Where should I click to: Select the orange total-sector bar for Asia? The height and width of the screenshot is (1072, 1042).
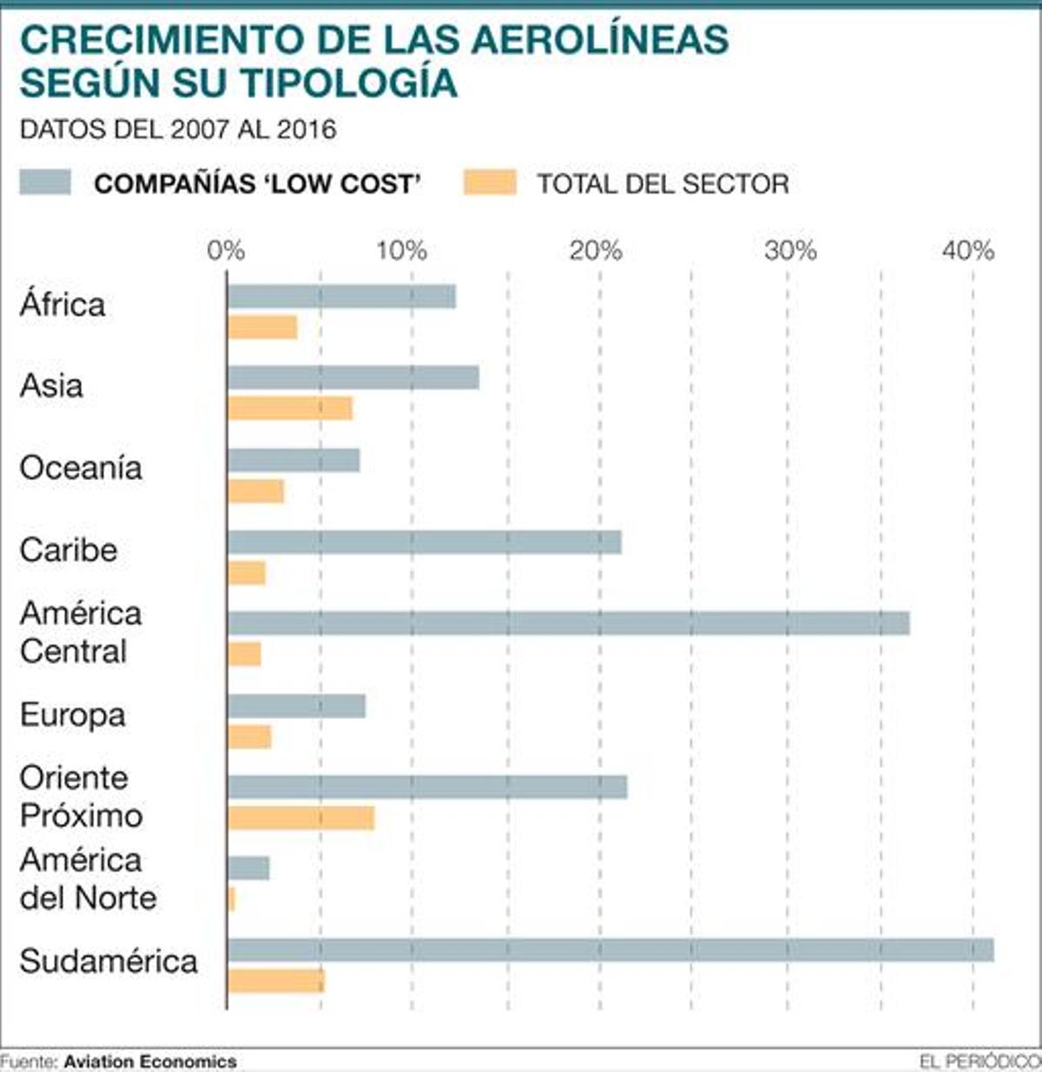290,408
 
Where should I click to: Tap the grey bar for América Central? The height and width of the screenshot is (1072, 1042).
568,623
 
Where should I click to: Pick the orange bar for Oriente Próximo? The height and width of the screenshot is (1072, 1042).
300,818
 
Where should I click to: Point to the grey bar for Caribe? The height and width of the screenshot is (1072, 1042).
424,543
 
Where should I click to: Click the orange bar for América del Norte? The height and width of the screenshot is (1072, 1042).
231,899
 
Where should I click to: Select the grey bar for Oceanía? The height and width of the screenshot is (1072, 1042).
293,460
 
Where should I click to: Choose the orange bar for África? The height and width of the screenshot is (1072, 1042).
262,327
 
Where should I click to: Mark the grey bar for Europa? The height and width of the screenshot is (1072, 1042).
296,707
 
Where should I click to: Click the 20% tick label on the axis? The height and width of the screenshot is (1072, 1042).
596,251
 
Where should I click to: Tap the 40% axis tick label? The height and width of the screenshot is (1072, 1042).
968,251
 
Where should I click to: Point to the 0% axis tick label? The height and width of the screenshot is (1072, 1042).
226,251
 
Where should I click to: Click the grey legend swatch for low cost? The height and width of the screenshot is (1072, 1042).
45,182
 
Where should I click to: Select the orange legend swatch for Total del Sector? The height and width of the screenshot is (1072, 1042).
490,182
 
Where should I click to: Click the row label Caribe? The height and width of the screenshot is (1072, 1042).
69,549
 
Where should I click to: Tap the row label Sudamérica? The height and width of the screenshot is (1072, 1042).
109,961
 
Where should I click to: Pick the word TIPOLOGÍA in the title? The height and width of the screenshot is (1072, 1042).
348,82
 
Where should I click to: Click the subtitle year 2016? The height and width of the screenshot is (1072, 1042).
307,129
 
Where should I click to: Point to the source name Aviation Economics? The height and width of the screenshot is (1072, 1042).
150,1061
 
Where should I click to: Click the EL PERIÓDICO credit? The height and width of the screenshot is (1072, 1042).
979,1061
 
